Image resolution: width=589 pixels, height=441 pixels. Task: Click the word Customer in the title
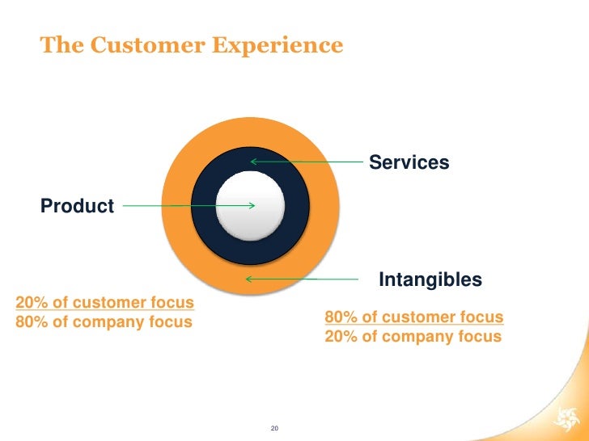(141, 45)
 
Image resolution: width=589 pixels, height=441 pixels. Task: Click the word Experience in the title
(278, 46)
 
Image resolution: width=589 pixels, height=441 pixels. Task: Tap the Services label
(409, 162)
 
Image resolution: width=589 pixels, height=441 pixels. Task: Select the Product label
(77, 206)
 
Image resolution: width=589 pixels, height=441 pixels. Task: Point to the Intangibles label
(430, 280)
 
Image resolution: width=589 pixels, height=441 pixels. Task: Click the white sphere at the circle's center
(252, 205)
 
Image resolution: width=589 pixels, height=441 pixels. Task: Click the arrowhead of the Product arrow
(252, 205)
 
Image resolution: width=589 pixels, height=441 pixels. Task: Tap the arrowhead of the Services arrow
(253, 162)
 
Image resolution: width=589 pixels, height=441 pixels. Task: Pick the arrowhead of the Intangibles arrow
(249, 279)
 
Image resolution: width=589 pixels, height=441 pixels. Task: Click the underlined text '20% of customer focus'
(105, 303)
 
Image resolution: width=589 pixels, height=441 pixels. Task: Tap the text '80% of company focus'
(104, 321)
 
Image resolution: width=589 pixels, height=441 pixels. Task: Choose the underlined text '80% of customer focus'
(413, 317)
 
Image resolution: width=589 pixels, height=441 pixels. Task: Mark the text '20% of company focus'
(413, 336)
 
